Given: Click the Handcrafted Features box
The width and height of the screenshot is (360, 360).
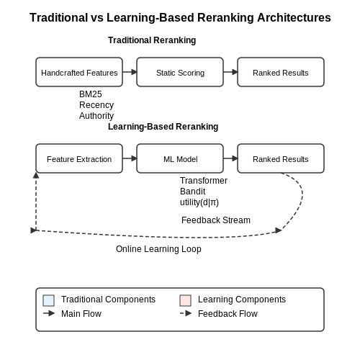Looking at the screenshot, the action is click(79, 72).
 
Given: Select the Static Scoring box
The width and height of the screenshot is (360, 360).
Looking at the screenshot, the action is click(180, 72).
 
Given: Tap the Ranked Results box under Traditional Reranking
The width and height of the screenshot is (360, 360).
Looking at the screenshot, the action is click(281, 72).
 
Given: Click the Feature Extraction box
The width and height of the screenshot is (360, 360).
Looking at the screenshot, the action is click(79, 158).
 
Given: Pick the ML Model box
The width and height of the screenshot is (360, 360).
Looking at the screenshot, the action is click(180, 158).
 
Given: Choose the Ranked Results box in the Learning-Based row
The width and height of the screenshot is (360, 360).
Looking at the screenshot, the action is click(281, 158).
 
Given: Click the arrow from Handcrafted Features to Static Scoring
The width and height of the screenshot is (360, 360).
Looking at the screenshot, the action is click(130, 72).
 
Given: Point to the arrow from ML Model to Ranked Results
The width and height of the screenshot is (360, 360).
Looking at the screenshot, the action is click(230, 158).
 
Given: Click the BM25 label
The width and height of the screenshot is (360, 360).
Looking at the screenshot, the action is click(91, 94).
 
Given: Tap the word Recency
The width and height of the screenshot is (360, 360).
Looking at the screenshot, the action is click(96, 105).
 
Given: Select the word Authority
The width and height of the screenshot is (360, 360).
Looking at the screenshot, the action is click(96, 116).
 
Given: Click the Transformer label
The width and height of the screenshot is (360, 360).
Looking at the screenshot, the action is click(204, 181).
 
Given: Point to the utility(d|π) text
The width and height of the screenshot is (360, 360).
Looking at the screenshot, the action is click(199, 202).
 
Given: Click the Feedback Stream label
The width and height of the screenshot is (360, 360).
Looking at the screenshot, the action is click(216, 220).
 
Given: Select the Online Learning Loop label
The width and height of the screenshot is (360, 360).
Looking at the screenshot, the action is click(158, 249).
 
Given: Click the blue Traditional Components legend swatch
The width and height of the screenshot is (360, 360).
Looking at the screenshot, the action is click(49, 300).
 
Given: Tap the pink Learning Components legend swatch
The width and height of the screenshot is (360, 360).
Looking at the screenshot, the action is click(186, 300).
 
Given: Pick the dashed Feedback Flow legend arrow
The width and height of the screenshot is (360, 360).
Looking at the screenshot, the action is click(186, 313).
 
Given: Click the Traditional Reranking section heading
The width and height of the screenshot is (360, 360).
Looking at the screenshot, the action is click(152, 40).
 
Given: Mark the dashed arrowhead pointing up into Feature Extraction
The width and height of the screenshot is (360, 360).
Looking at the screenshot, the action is click(36, 175).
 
